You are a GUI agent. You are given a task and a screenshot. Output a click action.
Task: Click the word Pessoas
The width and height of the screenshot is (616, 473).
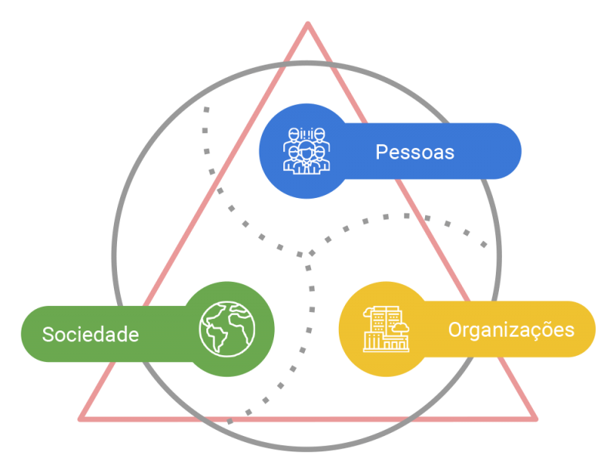click(415, 153)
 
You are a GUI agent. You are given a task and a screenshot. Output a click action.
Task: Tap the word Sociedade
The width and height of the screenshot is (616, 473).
click(91, 334)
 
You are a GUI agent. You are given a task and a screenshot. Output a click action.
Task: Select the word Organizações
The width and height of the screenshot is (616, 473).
click(511, 330)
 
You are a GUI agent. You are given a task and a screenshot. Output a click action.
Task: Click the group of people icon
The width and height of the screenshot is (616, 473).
click(306, 150)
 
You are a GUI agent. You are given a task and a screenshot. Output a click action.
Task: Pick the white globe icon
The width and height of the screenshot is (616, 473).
click(227, 329)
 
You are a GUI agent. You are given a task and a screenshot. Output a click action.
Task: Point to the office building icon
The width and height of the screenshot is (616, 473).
click(387, 329)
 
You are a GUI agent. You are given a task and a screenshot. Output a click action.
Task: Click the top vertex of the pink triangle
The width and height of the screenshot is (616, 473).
click(308, 24)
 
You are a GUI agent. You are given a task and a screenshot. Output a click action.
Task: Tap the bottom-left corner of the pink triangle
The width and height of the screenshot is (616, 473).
click(80, 419)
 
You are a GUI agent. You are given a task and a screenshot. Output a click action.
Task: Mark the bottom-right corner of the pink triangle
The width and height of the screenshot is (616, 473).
click(535, 419)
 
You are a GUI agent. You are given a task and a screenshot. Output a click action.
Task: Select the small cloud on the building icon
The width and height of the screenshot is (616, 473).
click(400, 327)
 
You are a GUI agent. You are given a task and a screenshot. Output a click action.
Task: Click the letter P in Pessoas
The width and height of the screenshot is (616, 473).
click(381, 153)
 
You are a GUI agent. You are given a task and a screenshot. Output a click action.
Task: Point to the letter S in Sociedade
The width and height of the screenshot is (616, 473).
click(48, 334)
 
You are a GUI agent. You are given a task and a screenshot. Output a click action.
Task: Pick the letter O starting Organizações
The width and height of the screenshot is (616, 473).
click(455, 330)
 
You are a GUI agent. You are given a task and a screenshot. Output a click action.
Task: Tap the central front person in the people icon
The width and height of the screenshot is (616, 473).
click(306, 157)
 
